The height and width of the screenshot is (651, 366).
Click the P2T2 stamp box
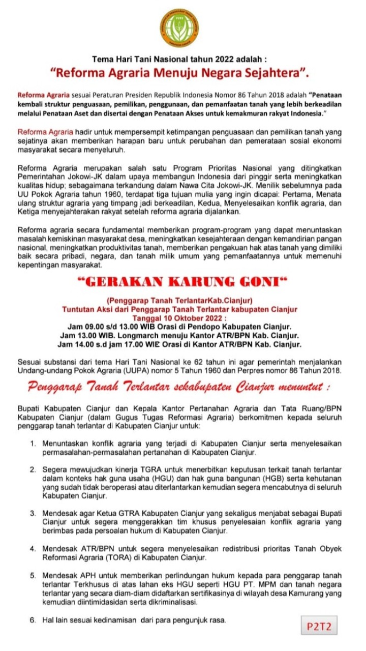pyautogui.click(x=319, y=626)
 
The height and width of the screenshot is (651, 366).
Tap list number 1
pyautogui.click(x=33, y=443)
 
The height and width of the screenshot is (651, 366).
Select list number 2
pyautogui.click(x=33, y=468)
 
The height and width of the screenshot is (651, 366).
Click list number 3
pyautogui.click(x=33, y=513)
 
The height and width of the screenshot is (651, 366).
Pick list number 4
pyautogui.click(x=33, y=549)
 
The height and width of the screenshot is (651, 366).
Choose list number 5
pyautogui.click(x=33, y=576)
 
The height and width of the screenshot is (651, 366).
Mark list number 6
pyautogui.click(x=33, y=620)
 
